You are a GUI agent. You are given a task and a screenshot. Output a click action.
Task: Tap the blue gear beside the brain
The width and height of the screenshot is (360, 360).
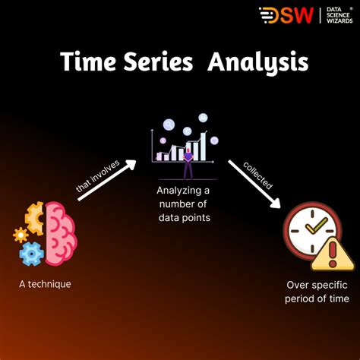(31, 254)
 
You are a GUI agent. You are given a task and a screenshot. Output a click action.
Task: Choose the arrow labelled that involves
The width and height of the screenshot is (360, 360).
(106, 181)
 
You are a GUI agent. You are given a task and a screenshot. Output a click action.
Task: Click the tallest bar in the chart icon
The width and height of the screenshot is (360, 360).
(203, 147)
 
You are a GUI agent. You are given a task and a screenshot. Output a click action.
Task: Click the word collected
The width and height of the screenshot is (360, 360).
(258, 174)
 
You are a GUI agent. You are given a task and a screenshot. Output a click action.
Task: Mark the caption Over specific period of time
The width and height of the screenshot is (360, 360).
(317, 292)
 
